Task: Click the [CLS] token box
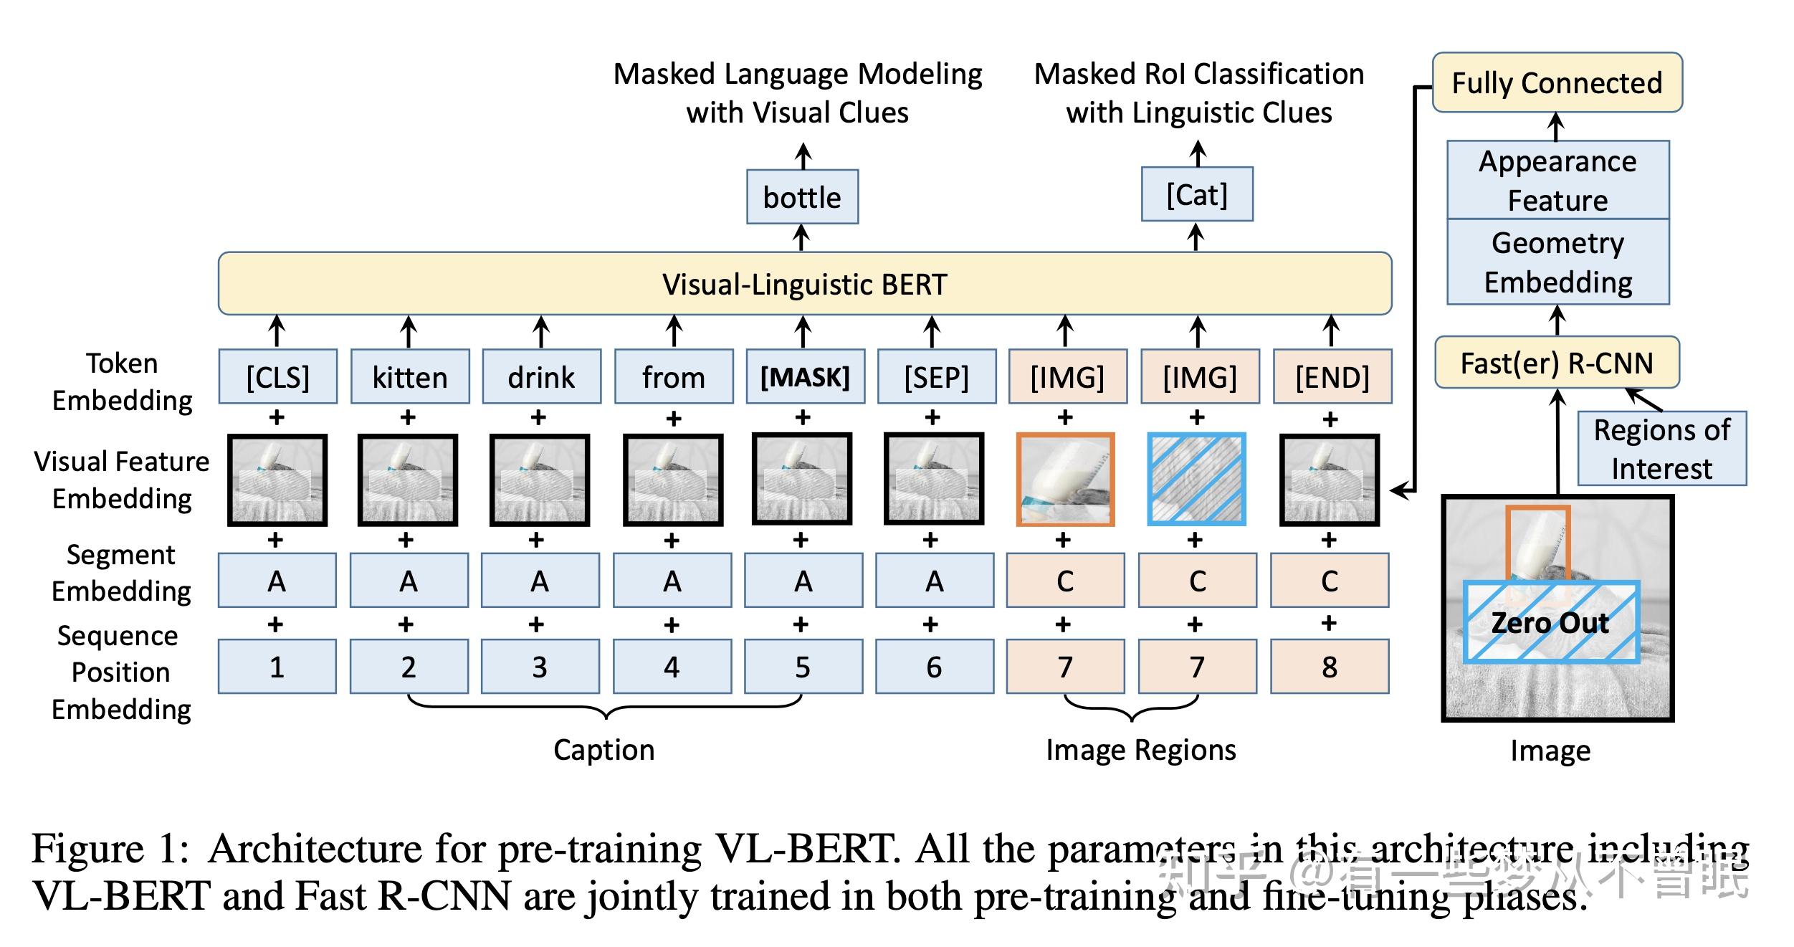[x=277, y=377]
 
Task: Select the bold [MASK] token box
[x=805, y=377]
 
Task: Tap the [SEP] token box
[x=936, y=377]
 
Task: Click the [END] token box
[x=1332, y=377]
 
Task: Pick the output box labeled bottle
[x=802, y=197]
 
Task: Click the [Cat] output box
[x=1197, y=195]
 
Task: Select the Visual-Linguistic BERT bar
[x=804, y=284]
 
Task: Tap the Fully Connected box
[x=1557, y=83]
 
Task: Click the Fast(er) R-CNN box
[x=1557, y=363]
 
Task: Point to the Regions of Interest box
[x=1661, y=449]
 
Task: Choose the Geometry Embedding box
[x=1557, y=262]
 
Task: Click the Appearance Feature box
[x=1557, y=181]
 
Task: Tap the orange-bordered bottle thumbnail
[x=1065, y=480]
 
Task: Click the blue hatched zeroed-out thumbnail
[x=1197, y=480]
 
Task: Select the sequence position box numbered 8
[x=1330, y=667]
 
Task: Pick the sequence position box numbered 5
[x=803, y=667]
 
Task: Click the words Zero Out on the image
[x=1550, y=622]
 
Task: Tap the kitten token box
[x=409, y=377]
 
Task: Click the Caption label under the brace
[x=603, y=750]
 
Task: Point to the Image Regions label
[x=1140, y=750]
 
